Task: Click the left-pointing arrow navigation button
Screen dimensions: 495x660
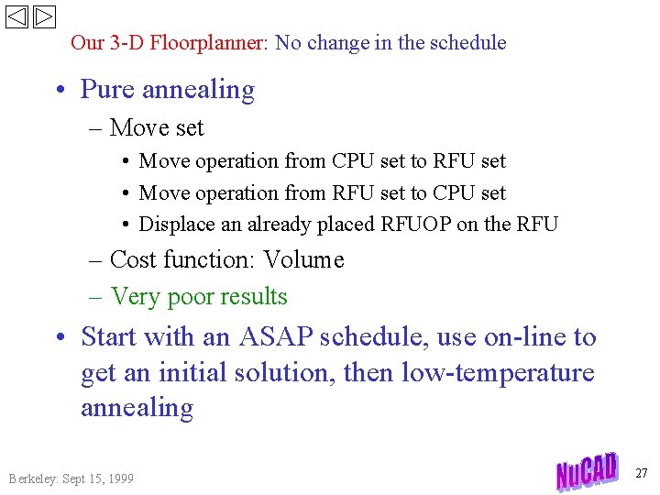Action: (x=17, y=17)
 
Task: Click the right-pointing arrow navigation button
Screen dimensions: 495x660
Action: (x=45, y=17)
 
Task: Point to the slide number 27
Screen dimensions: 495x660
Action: (x=641, y=473)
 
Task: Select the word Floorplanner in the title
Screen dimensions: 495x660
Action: (x=208, y=42)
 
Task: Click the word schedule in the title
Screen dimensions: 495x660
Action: (x=467, y=42)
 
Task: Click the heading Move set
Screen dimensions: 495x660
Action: (x=156, y=128)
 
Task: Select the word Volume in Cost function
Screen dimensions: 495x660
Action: (x=303, y=260)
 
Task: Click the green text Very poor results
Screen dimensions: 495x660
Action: (x=198, y=297)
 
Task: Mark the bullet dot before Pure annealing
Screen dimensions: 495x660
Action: (x=61, y=91)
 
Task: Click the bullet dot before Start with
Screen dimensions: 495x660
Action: (x=61, y=338)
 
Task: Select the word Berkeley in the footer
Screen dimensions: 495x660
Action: (x=32, y=478)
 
